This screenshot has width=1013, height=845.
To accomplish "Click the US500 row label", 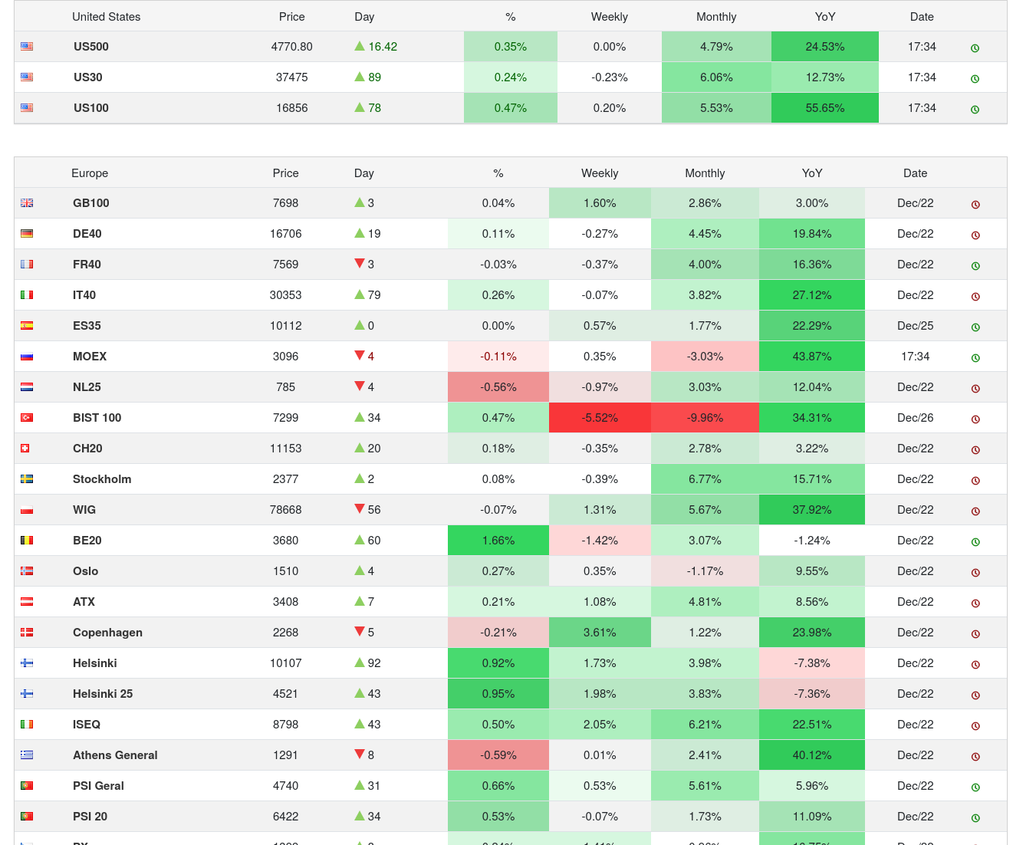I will click(x=90, y=47).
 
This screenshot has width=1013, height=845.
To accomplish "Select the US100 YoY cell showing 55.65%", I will click(x=824, y=108).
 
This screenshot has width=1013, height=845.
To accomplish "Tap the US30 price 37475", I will click(x=291, y=77).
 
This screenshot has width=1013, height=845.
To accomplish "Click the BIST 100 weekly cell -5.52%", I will click(x=600, y=418).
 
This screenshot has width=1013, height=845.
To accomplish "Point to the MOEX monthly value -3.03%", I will click(x=704, y=357).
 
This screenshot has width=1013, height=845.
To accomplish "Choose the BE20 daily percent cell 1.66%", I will click(x=498, y=541).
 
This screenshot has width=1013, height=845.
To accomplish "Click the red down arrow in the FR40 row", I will click(x=359, y=264).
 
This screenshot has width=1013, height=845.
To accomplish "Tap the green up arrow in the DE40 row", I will click(x=359, y=233).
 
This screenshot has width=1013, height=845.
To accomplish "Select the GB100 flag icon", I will click(x=27, y=203).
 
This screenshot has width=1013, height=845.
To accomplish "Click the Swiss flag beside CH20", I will click(x=25, y=449).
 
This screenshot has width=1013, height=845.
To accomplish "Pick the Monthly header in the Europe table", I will click(x=704, y=173).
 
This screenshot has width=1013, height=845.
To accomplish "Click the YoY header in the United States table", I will click(x=824, y=17).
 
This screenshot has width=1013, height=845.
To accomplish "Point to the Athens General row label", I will click(x=115, y=755).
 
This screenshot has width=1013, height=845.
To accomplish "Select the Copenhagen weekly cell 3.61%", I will click(x=600, y=633).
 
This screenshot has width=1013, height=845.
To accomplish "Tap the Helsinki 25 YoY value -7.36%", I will click(x=811, y=694).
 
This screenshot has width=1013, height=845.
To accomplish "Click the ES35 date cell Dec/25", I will click(x=915, y=326).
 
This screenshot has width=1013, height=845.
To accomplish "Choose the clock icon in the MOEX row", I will click(x=975, y=358).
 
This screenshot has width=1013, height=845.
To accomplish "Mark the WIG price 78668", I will click(x=285, y=510).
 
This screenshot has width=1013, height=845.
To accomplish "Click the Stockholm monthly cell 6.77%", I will click(x=704, y=479).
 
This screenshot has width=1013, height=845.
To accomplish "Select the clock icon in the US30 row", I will click(x=975, y=79).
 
